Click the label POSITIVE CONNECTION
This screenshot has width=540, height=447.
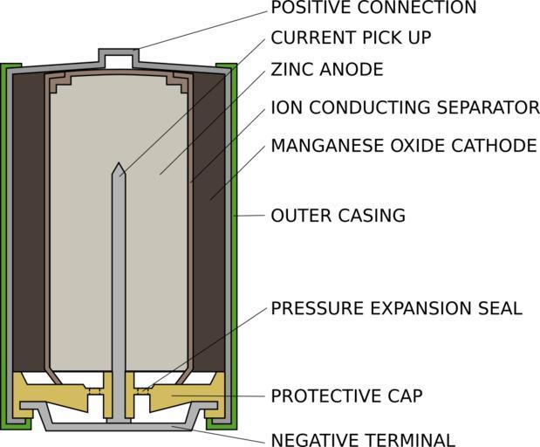coord(373,9)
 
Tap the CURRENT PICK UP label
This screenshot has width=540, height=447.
coord(351,38)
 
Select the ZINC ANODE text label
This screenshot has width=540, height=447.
coord(327,70)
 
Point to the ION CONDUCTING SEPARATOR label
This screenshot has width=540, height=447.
coord(405,108)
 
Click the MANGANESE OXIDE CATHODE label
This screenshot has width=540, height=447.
coord(403,145)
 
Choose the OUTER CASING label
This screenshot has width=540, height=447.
coord(338,216)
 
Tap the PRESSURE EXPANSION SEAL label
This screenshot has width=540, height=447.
coord(396,308)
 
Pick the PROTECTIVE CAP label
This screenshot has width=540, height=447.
coord(346,395)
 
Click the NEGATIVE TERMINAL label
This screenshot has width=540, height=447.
coord(363,439)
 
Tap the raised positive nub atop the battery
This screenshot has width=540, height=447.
coord(119,56)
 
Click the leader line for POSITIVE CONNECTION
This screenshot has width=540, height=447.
coord(201,27)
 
